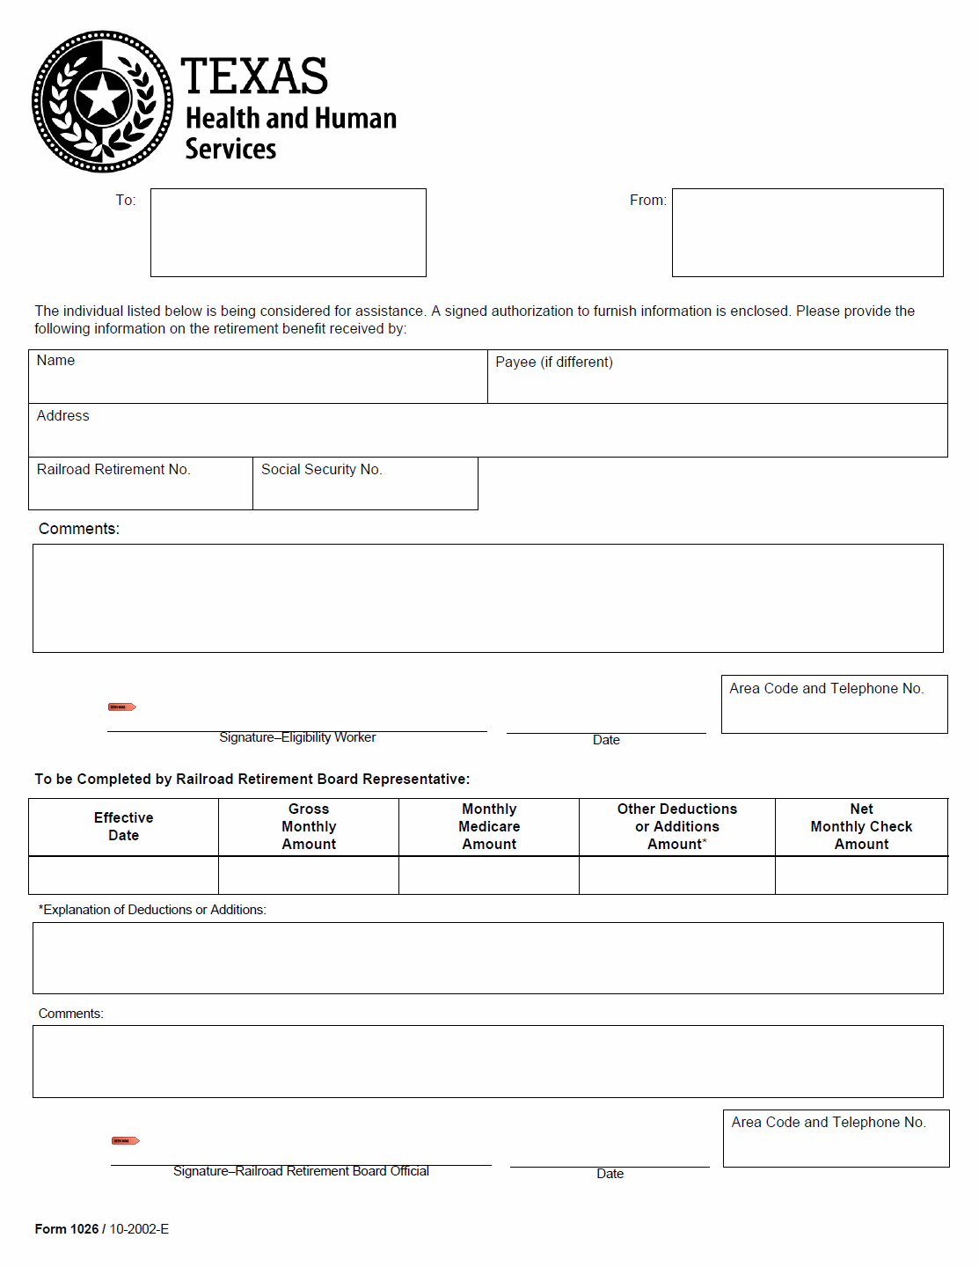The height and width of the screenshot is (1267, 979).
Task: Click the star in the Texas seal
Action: click(103, 97)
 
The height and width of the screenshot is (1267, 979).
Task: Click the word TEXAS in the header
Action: click(254, 77)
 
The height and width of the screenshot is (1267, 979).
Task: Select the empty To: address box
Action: click(288, 232)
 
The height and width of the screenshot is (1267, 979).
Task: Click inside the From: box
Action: click(807, 232)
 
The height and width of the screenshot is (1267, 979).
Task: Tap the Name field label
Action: click(55, 361)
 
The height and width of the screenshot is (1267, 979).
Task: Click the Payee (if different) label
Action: click(554, 363)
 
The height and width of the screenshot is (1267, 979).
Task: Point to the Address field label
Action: click(62, 416)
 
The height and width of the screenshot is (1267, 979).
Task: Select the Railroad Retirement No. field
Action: click(140, 484)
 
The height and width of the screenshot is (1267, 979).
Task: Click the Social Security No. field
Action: click(365, 484)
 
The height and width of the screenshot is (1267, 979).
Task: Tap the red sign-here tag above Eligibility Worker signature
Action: click(121, 707)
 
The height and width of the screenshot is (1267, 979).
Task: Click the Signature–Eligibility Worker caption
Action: click(297, 737)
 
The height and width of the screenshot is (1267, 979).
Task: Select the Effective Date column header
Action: click(123, 827)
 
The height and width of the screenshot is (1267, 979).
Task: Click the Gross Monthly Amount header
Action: click(309, 827)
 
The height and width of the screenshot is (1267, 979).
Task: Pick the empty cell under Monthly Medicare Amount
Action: click(489, 875)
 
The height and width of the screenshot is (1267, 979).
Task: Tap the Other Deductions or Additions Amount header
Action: click(676, 827)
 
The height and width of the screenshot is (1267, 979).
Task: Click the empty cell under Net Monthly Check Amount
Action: click(861, 875)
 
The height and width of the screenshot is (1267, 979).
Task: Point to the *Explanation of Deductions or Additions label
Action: click(152, 910)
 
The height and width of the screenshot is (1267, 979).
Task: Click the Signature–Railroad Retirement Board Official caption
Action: click(301, 1171)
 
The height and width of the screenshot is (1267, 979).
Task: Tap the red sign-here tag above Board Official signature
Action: click(125, 1141)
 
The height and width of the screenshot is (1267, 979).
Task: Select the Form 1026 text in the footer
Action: click(67, 1229)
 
